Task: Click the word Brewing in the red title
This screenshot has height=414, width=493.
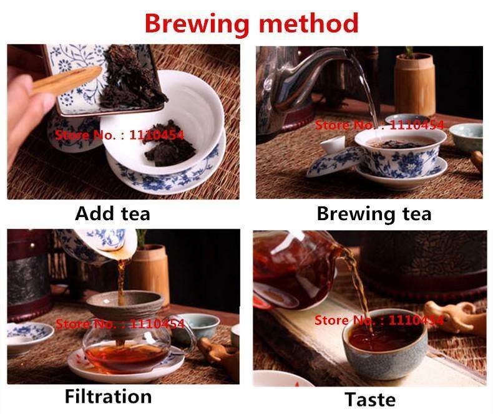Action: click(193, 23)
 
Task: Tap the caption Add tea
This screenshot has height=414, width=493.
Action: click(112, 214)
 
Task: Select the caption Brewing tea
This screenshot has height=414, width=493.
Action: click(374, 214)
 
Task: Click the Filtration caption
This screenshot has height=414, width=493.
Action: click(108, 396)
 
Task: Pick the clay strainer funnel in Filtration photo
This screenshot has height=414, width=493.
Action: click(125, 312)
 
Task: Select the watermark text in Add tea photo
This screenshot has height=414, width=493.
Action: click(119, 133)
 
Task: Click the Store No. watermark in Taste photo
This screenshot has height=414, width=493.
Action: click(379, 320)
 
